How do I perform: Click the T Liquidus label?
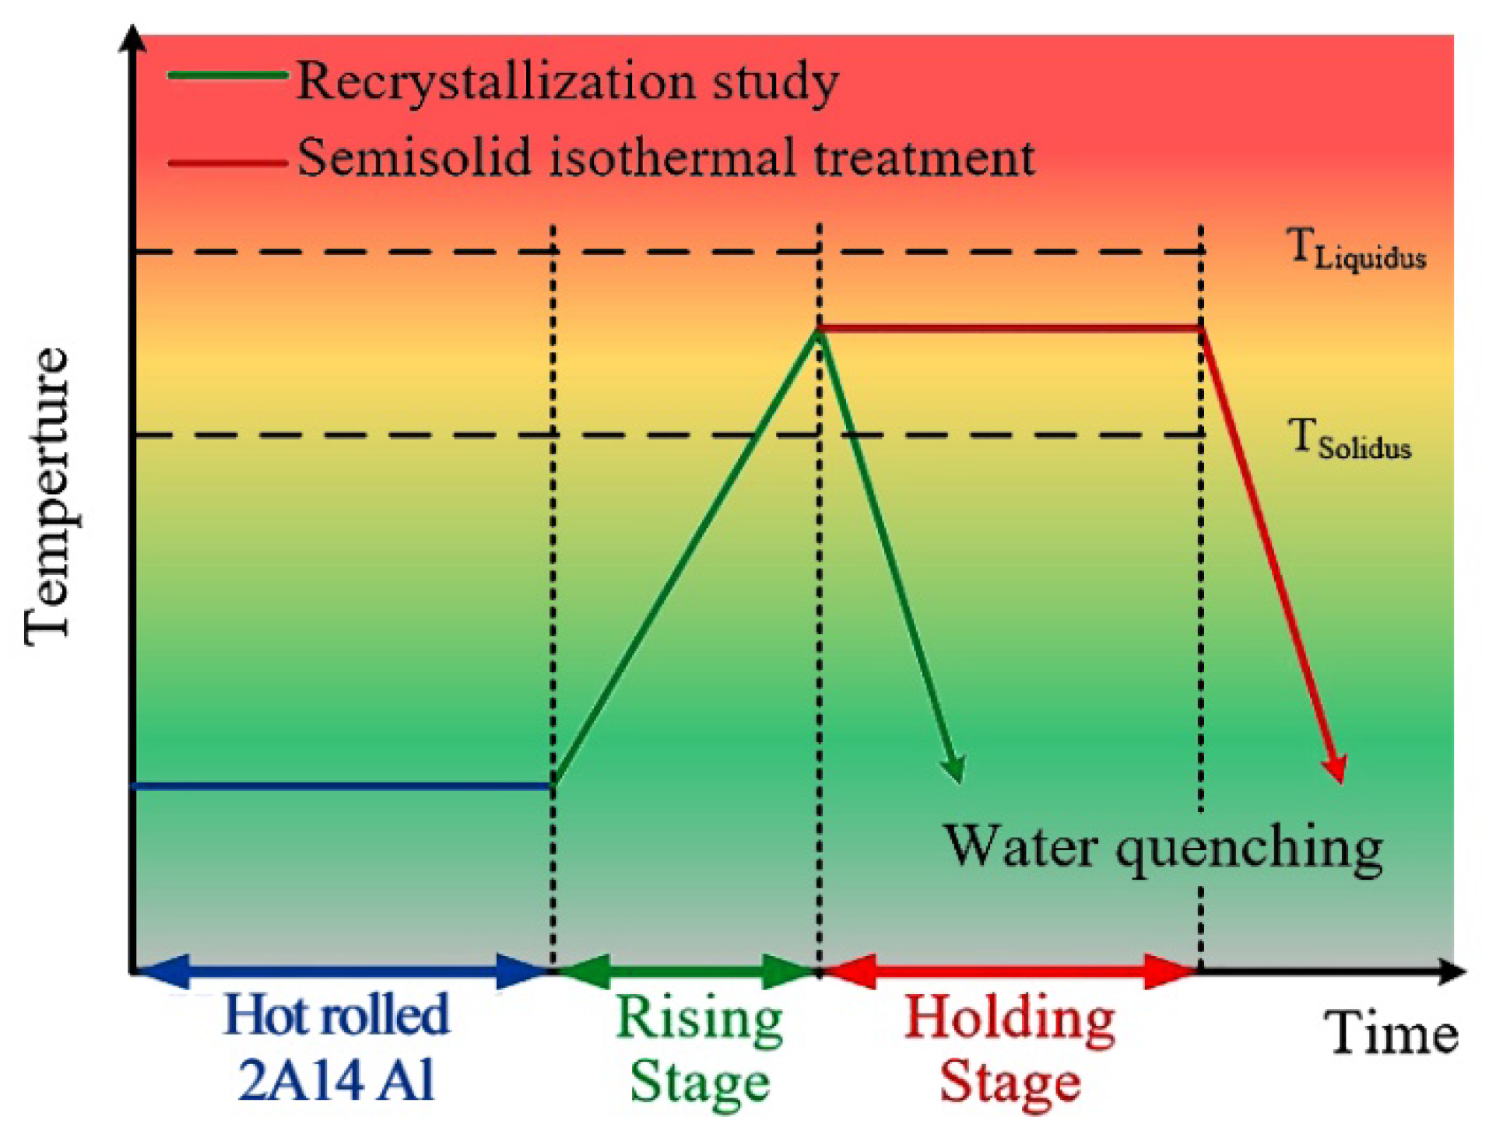click(x=1357, y=250)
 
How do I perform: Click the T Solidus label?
click(x=1350, y=439)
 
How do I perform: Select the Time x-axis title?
click(x=1390, y=1035)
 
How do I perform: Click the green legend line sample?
click(x=227, y=75)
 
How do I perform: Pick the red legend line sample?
click(x=227, y=163)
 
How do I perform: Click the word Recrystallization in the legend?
click(x=496, y=82)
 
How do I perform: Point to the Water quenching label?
click(x=1163, y=848)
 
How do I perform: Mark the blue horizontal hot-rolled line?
click(x=342, y=786)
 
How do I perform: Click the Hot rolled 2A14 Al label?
click(x=336, y=1047)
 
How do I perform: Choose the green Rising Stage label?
click(x=699, y=1050)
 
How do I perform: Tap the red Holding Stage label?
click(x=1010, y=1050)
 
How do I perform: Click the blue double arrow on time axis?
click(x=342, y=971)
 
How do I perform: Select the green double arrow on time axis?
click(x=686, y=971)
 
